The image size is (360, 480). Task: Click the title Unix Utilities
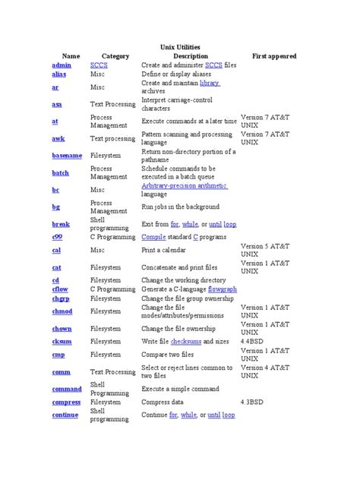click(180, 47)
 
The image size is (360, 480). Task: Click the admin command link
click(62, 65)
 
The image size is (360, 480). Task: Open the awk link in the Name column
click(58, 138)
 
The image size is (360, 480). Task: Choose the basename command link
click(67, 155)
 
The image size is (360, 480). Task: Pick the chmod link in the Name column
click(62, 311)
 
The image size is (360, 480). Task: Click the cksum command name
click(62, 341)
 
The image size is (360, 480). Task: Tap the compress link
click(66, 402)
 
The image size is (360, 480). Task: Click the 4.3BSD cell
click(257, 402)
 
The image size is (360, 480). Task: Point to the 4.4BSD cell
click(257, 341)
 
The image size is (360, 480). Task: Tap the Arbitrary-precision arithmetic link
click(185, 185)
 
